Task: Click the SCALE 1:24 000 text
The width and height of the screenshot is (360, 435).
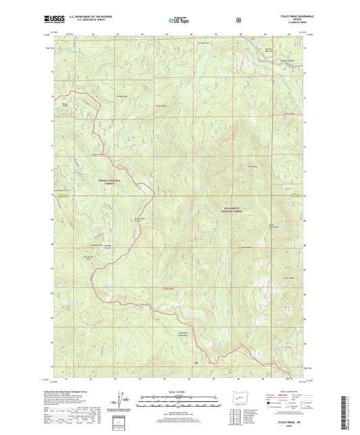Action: [x=180, y=393]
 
